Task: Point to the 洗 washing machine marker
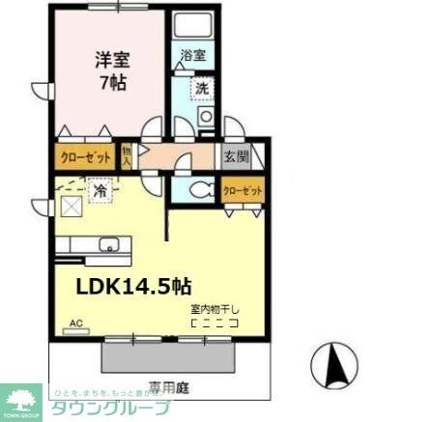coord(202,88)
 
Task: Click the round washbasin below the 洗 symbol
coord(204,118)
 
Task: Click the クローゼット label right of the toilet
coord(243,190)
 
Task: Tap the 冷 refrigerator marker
coord(99,191)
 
